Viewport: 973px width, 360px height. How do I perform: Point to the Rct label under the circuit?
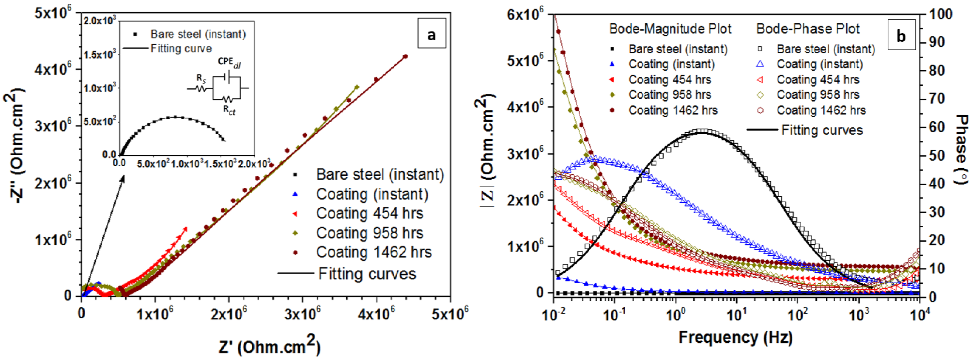[x=229, y=110]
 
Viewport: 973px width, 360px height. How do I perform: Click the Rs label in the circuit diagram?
[x=201, y=78]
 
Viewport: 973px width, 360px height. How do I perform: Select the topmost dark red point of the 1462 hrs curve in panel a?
[x=405, y=57]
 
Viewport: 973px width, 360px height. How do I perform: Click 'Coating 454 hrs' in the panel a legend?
[x=370, y=213]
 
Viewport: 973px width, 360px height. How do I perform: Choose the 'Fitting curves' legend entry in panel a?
[x=367, y=273]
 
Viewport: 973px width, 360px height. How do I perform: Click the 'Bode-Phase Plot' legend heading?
[x=808, y=29]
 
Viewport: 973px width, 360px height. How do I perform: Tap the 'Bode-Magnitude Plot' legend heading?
[x=670, y=29]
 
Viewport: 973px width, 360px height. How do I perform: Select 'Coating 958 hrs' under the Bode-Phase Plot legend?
[x=817, y=94]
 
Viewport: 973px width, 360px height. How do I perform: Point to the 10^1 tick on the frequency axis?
[x=736, y=313]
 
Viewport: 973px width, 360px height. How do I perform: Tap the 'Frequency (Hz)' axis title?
[x=735, y=337]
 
